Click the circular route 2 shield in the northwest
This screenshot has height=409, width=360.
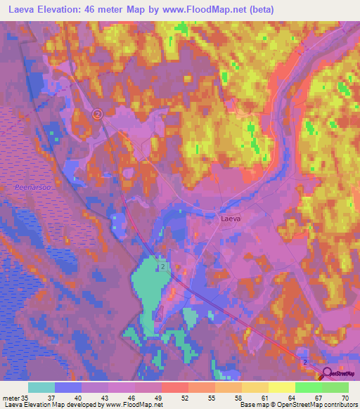[x=98, y=114]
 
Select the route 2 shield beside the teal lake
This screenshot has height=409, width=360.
[x=162, y=268]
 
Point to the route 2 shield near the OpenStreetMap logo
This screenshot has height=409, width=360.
[x=306, y=361]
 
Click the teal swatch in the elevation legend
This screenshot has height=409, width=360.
[x=41, y=387]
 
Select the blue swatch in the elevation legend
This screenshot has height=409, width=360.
[x=68, y=387]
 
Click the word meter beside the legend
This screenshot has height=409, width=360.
[x=10, y=398]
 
